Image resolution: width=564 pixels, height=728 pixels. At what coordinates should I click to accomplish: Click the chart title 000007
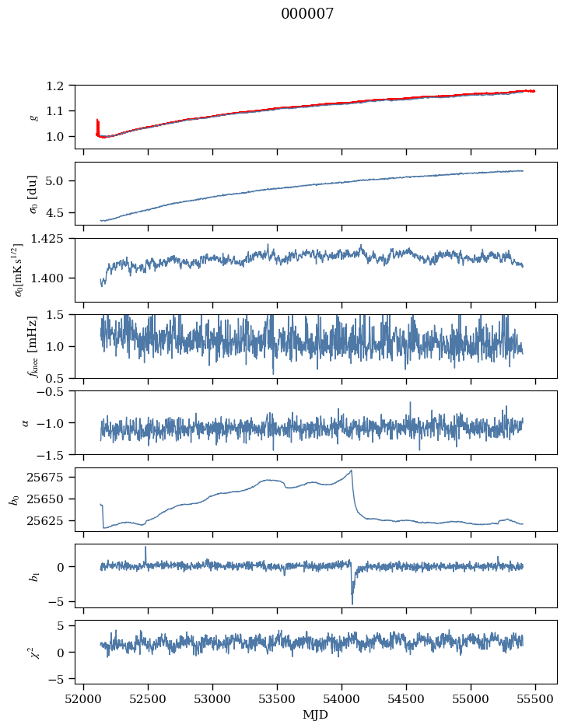[x=307, y=14]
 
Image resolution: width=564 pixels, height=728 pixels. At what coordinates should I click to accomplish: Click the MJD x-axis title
[x=316, y=714]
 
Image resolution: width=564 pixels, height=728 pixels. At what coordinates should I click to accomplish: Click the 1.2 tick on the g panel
[x=61, y=86]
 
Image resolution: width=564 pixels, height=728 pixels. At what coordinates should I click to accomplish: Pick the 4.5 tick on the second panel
[x=61, y=212]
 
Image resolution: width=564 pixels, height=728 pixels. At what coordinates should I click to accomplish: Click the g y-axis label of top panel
[x=33, y=117]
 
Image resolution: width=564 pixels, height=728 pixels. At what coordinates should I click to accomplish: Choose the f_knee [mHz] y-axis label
[x=33, y=347]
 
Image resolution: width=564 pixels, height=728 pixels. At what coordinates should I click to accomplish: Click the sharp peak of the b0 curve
[x=352, y=470]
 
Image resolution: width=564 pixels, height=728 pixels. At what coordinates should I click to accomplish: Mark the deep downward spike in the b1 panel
[x=352, y=603]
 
